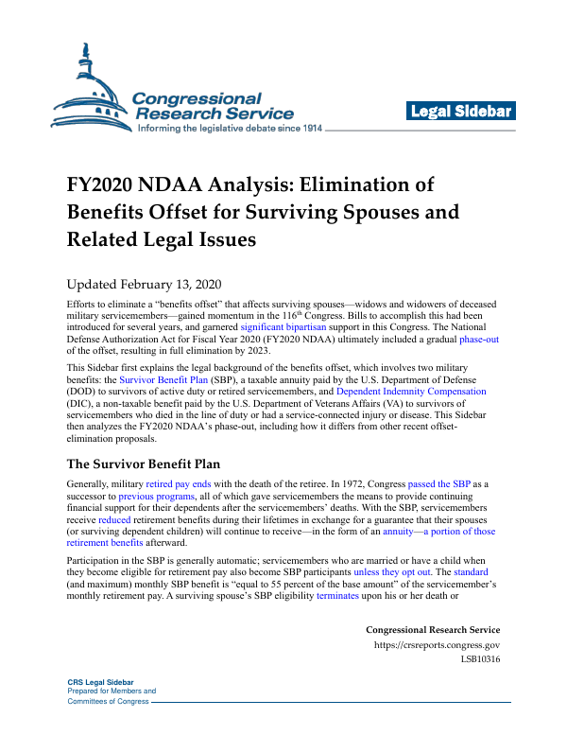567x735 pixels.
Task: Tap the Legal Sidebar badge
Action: (x=460, y=112)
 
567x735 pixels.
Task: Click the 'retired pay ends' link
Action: (x=180, y=484)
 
